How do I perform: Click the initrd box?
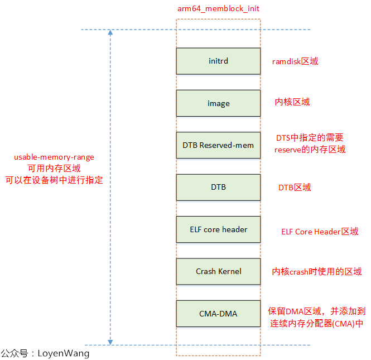(218, 61)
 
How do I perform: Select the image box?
(218, 103)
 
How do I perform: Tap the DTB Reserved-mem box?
(218, 145)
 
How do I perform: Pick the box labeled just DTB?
(218, 187)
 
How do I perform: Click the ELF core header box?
(218, 229)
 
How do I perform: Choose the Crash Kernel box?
(218, 271)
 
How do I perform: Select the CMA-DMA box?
(218, 314)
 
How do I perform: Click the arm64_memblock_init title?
(218, 8)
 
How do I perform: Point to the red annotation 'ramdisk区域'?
(295, 61)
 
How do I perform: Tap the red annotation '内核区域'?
(292, 102)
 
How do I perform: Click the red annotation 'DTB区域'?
(295, 188)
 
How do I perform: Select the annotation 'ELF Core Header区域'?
(320, 232)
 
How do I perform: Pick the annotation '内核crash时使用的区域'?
(316, 272)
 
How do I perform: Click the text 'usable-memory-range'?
(54, 157)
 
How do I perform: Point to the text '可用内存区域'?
(54, 169)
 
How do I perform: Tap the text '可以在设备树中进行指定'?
(54, 180)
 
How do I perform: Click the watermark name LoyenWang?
(63, 353)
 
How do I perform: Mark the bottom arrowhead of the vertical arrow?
(110, 341)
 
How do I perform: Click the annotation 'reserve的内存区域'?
(310, 150)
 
